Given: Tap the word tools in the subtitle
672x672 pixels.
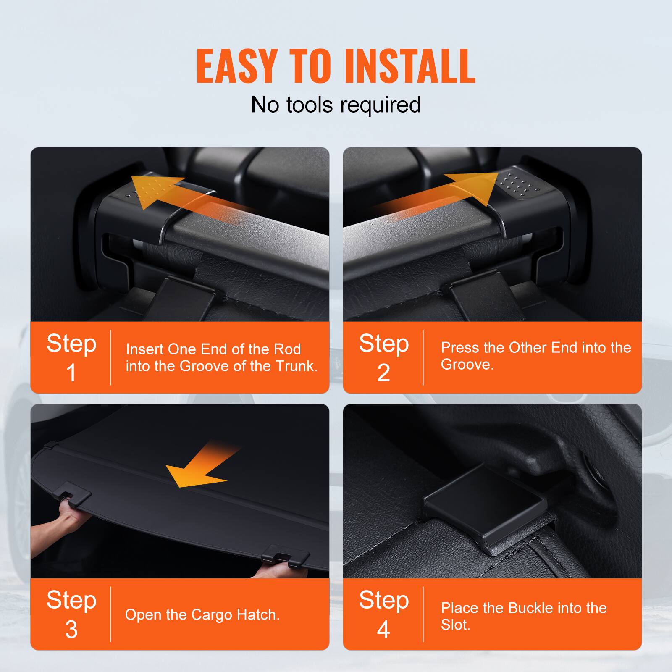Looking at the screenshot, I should pos(312,105).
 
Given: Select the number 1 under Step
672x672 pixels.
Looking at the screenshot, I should pos(71,373).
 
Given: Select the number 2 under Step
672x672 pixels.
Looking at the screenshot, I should pos(383,373).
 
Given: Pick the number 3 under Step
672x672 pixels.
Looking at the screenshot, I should pos(71,629).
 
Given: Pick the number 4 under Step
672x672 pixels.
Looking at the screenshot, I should pos(383,629).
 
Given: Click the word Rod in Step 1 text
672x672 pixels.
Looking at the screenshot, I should pos(287,349).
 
